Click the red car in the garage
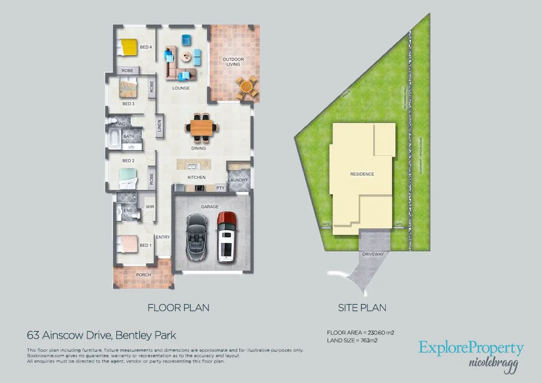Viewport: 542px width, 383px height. [227, 236]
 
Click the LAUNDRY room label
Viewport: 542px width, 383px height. [238, 180]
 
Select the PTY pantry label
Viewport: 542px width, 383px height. [220, 188]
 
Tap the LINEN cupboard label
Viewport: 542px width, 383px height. [159, 127]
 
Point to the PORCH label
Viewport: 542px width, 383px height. [143, 275]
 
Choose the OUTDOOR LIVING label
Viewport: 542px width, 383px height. [233, 61]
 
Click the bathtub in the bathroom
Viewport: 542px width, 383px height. [115, 139]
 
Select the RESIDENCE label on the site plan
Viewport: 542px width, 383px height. [362, 174]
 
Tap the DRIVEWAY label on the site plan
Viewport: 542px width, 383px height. [373, 254]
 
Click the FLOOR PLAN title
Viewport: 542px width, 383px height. [178, 307]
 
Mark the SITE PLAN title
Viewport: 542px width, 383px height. [362, 307]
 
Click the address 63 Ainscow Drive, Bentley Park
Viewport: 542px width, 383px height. [101, 335]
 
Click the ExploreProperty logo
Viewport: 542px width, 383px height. [471, 348]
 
